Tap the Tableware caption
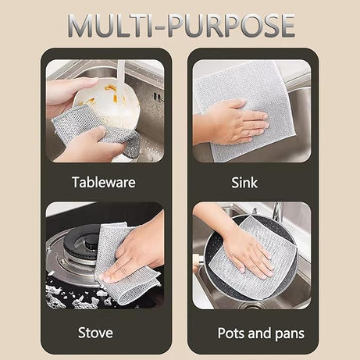tap(104, 182)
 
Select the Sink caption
tap(244, 182)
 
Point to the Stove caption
tap(94, 333)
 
